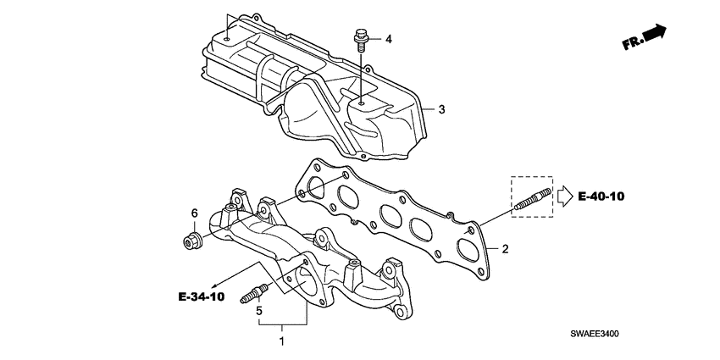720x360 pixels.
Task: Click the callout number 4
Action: click(390, 39)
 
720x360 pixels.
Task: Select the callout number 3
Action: click(440, 109)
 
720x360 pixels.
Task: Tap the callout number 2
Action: click(504, 249)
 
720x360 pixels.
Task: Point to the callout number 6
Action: click(193, 213)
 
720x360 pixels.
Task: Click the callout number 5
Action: click(259, 310)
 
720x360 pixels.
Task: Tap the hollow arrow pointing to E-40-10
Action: click(564, 197)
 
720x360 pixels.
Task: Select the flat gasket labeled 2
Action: click(398, 216)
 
